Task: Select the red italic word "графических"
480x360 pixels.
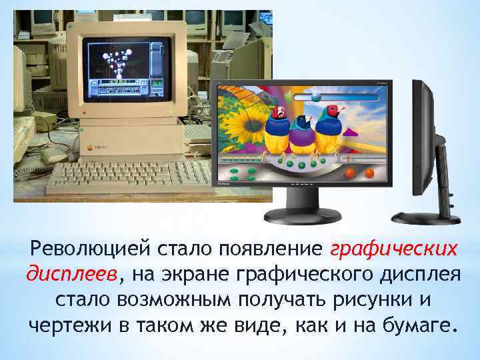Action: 394,249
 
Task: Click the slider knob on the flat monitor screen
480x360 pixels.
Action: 316,97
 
